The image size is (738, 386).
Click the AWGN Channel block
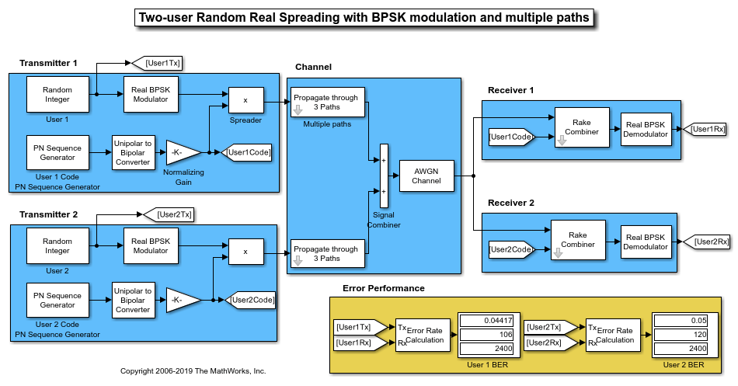click(x=426, y=176)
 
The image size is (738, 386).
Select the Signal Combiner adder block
click(x=383, y=176)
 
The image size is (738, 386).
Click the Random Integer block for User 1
click(x=57, y=94)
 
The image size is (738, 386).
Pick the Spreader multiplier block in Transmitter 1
click(x=245, y=100)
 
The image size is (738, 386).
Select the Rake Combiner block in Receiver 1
click(x=581, y=127)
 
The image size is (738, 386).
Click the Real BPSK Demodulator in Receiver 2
click(x=646, y=242)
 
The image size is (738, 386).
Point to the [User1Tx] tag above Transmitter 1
click(x=158, y=63)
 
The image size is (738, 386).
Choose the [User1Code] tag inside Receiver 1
click(x=510, y=137)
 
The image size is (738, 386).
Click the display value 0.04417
click(x=486, y=320)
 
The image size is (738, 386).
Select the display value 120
click(x=681, y=335)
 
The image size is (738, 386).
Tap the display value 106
click(x=486, y=335)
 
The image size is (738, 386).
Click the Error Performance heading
click(x=383, y=288)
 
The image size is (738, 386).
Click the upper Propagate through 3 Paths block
click(x=326, y=103)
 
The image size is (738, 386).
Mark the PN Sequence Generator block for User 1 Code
click(x=57, y=152)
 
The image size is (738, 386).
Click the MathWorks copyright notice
click(x=193, y=371)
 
